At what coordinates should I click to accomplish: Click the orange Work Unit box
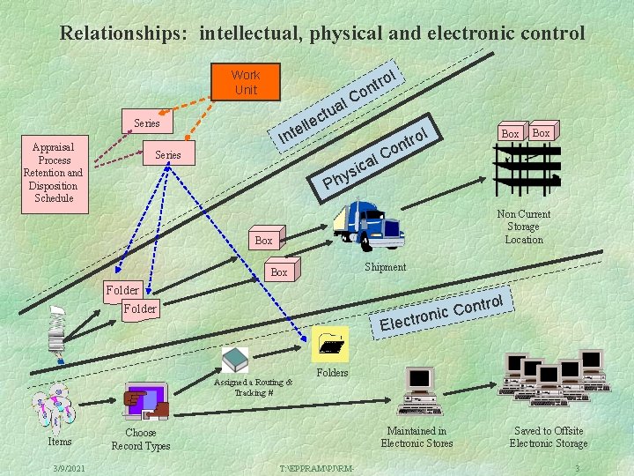(x=246, y=82)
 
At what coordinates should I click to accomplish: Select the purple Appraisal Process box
(x=54, y=173)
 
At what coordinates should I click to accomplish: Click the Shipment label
(x=385, y=267)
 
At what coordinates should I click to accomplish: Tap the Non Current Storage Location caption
(x=524, y=227)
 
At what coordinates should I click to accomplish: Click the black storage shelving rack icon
(x=527, y=168)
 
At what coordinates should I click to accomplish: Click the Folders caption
(x=332, y=373)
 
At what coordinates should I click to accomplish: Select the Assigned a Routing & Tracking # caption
(x=252, y=387)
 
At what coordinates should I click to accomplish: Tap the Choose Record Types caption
(x=141, y=439)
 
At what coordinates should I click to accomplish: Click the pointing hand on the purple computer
(x=140, y=402)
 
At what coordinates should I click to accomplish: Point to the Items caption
(x=60, y=442)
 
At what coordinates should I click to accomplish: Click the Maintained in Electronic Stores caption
(x=417, y=437)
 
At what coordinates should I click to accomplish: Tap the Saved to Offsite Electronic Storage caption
(x=549, y=437)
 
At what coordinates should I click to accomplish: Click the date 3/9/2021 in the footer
(x=68, y=467)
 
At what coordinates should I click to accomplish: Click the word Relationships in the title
(x=122, y=33)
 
